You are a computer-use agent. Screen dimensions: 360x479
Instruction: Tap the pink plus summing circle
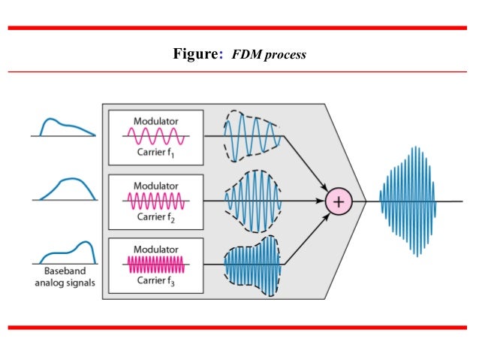point(339,201)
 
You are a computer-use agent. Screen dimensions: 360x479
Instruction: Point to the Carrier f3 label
point(158,281)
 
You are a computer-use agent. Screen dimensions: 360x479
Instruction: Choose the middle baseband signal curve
point(68,188)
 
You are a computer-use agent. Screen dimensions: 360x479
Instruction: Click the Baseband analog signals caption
point(66,277)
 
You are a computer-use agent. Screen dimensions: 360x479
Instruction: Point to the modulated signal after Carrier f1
point(252,137)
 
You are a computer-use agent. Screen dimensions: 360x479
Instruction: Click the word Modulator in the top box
point(156,121)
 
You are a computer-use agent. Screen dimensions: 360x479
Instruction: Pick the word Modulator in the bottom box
point(156,248)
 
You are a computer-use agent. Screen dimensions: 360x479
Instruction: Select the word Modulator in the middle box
point(156,185)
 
